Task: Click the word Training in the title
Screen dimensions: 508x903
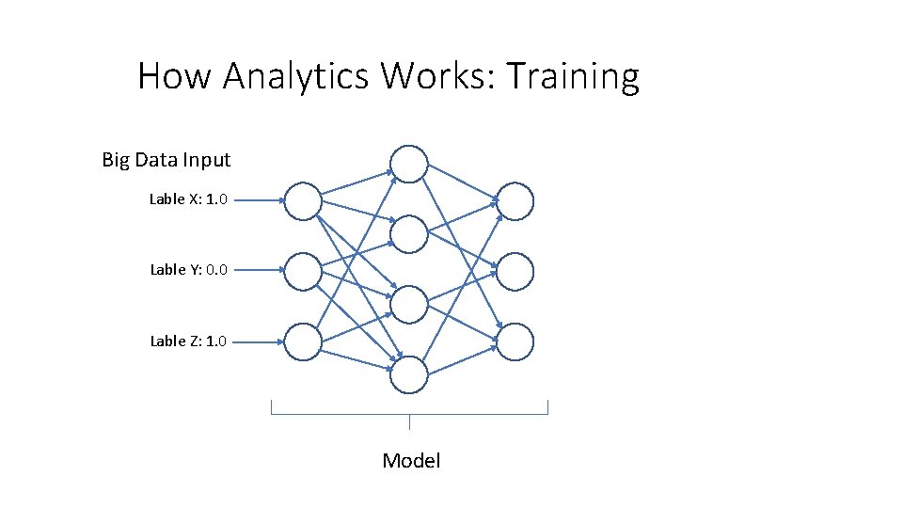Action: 574,76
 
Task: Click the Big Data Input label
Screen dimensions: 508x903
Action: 166,160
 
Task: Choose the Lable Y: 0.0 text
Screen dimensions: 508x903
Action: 188,270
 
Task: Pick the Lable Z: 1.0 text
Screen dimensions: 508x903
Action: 188,341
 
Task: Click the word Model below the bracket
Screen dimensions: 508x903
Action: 411,460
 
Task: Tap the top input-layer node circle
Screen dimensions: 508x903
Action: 303,200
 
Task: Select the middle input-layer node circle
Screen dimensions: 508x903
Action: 303,271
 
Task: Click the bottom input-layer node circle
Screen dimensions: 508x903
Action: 303,342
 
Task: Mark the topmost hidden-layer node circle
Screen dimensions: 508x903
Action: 409,164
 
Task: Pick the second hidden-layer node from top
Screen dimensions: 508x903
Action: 409,234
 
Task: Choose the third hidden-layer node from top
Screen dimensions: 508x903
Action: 409,305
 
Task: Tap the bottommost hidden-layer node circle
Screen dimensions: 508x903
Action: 409,375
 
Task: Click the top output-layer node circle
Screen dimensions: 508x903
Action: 515,201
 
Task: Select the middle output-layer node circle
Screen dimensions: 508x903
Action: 515,272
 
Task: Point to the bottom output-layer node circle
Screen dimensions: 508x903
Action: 515,342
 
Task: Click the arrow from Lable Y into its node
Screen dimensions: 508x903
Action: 258,271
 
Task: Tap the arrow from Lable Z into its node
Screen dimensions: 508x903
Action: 258,342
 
